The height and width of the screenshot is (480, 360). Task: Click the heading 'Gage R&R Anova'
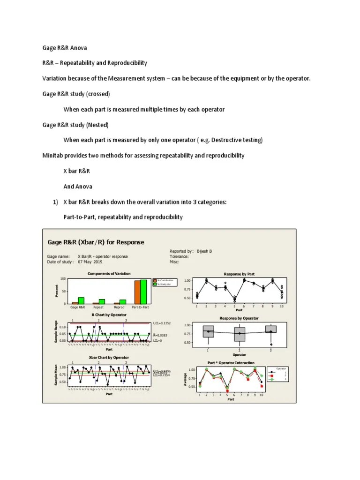(65, 48)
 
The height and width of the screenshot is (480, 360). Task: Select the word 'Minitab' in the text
(53, 155)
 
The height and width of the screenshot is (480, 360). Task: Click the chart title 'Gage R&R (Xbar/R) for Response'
(96, 242)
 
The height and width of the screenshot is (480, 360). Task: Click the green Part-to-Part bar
(144, 292)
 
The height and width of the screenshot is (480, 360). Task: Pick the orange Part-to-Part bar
(137, 292)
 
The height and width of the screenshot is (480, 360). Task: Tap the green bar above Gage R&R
(81, 300)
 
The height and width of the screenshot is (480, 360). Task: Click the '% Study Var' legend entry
(165, 285)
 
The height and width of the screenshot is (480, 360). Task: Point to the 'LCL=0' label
(157, 341)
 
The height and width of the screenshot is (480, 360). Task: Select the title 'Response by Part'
(239, 273)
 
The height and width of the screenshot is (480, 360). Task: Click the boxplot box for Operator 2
(240, 334)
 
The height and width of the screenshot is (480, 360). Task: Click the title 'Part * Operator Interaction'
(231, 363)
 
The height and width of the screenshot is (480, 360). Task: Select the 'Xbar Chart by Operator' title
(109, 357)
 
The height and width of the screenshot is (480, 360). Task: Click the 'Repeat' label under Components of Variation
(98, 308)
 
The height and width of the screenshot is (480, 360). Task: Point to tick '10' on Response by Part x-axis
(281, 306)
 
